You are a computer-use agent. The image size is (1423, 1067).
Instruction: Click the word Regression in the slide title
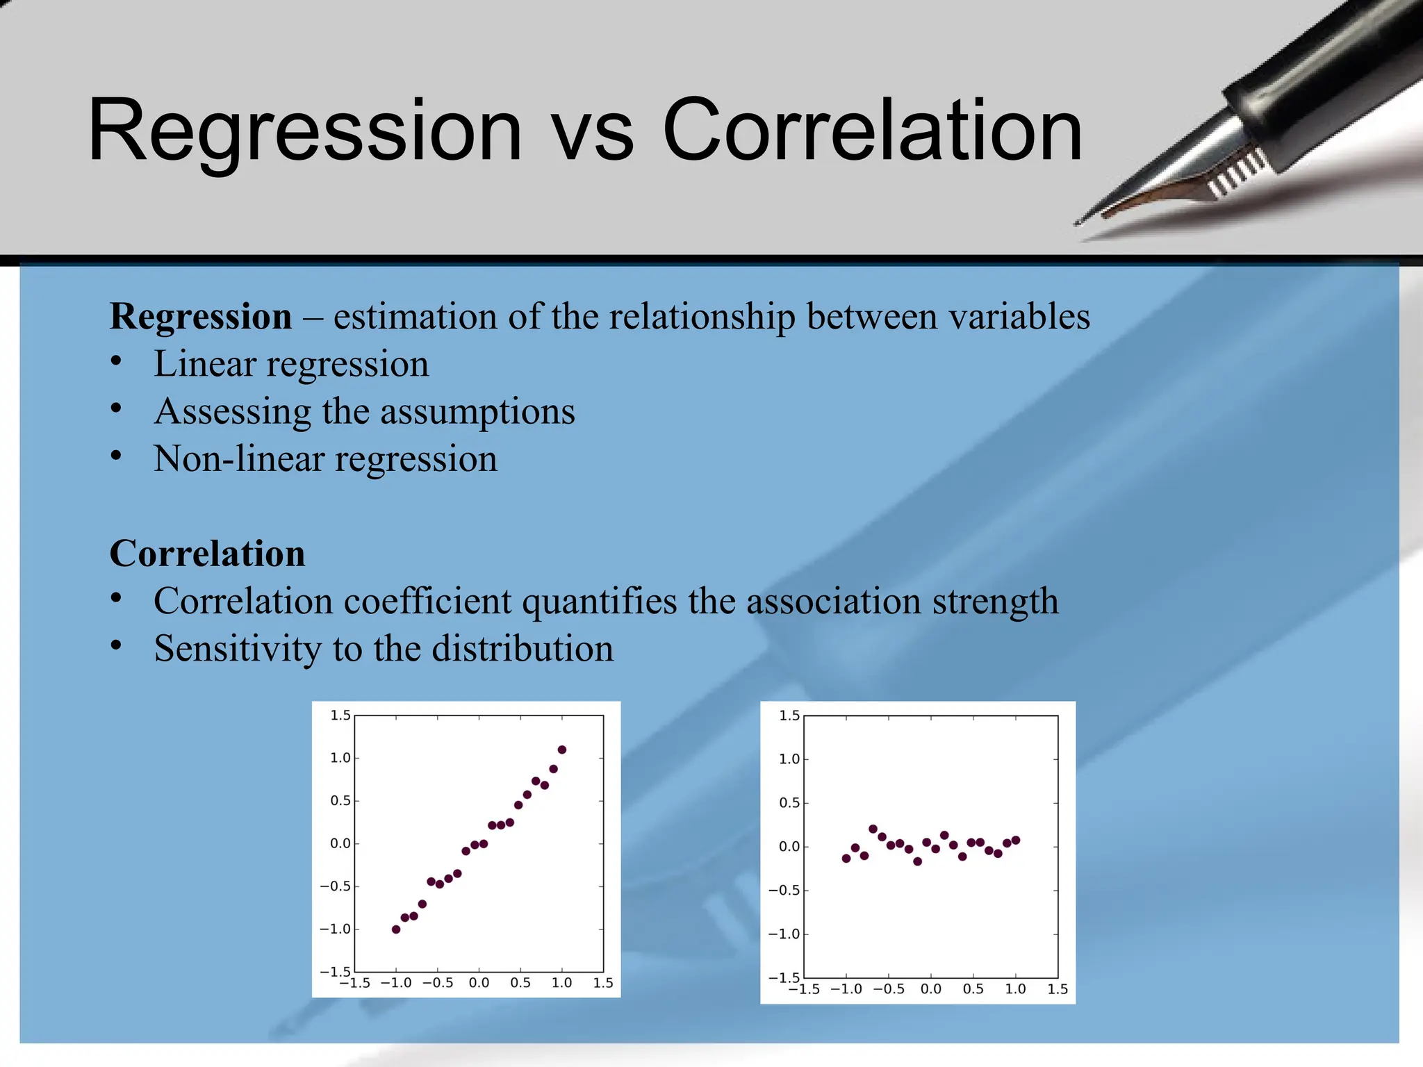pyautogui.click(x=304, y=130)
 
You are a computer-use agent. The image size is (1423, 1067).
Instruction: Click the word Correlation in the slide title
pyautogui.click(x=872, y=130)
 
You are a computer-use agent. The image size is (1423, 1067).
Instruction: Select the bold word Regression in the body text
pyautogui.click(x=201, y=317)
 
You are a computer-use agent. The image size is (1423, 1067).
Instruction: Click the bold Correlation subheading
pyautogui.click(x=207, y=554)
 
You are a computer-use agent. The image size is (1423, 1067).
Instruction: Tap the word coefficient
pyautogui.click(x=427, y=601)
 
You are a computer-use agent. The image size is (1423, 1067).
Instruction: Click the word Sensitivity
pyautogui.click(x=238, y=649)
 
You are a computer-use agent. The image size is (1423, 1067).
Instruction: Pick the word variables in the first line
pyautogui.click(x=1019, y=317)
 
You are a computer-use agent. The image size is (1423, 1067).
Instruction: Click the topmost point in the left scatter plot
pyautogui.click(x=562, y=750)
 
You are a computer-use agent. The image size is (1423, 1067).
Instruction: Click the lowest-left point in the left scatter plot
pyautogui.click(x=396, y=929)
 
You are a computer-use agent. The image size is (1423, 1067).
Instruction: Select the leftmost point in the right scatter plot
pyautogui.click(x=846, y=859)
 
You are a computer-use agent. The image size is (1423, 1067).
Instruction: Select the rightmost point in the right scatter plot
pyautogui.click(x=1016, y=840)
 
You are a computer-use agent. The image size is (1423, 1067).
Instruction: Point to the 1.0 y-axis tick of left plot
pyautogui.click(x=340, y=758)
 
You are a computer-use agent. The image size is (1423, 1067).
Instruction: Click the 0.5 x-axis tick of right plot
pyautogui.click(x=973, y=989)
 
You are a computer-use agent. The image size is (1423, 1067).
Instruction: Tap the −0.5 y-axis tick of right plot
pyautogui.click(x=784, y=891)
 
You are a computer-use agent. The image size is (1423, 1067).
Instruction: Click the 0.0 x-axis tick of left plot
pyautogui.click(x=479, y=983)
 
